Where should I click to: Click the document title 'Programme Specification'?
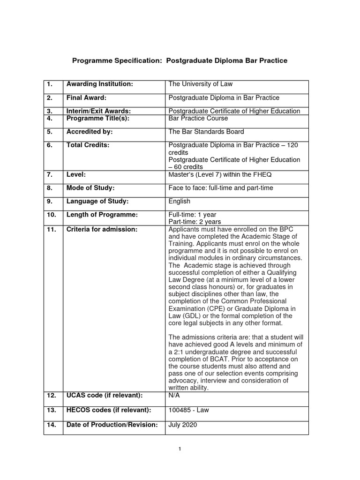point(179,61)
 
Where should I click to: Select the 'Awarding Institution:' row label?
point(100,84)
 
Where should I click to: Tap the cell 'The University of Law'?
point(200,84)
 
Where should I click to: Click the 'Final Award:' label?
point(87,98)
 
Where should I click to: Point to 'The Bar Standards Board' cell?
point(206,132)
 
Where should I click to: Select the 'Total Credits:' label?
point(88,145)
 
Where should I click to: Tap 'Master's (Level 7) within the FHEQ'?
point(220,174)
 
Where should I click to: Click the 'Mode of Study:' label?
point(90,188)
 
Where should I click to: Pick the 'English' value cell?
point(180,202)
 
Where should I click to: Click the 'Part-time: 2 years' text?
point(195,222)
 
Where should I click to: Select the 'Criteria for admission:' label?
point(102,229)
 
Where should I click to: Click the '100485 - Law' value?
point(188,410)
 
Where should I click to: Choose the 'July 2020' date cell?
point(183,425)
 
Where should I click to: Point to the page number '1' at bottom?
point(180,449)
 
